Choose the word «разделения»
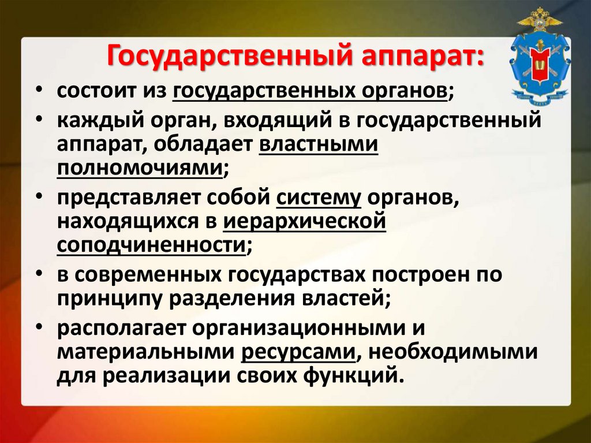tap(223, 297)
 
